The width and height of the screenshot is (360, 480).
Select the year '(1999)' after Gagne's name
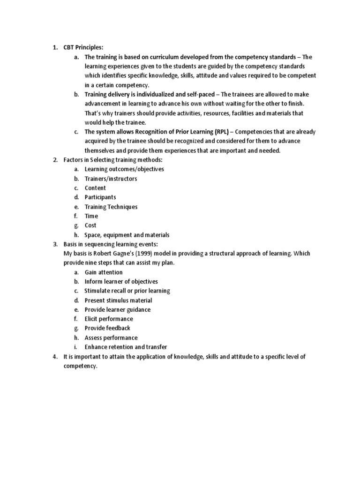point(142,254)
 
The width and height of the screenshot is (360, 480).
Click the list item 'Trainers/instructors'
point(111,179)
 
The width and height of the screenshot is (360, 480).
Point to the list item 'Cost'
point(90,225)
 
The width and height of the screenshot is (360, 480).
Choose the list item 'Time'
point(91,216)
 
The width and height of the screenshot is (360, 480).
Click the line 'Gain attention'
point(104,272)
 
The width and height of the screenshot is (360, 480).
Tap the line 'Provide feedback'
point(107,328)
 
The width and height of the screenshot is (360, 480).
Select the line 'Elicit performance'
point(109,319)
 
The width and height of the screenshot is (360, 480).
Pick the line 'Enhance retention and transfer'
point(126,347)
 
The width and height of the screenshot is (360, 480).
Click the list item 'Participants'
point(100,197)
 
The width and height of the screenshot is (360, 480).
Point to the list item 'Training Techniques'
point(111,207)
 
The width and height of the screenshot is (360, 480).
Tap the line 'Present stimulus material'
point(118,300)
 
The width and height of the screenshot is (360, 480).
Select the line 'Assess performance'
point(111,337)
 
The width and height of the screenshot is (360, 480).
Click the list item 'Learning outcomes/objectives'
point(124,169)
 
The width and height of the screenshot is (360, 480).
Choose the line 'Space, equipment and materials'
point(127,235)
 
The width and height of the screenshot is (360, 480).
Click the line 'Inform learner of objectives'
point(121,282)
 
